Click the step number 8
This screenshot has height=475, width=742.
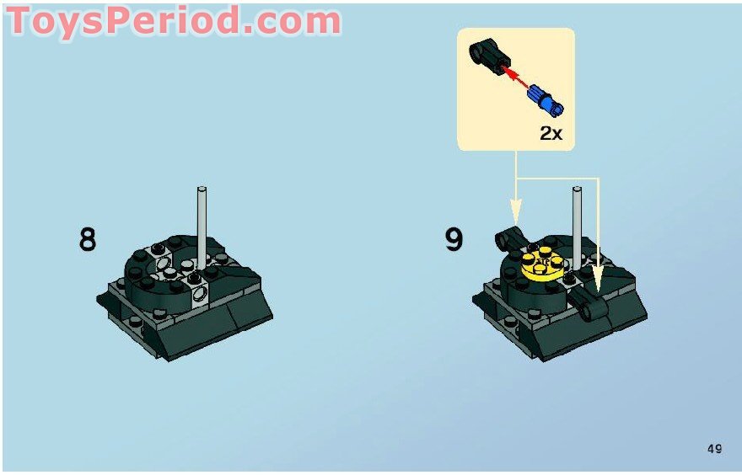pyautogui.click(x=88, y=239)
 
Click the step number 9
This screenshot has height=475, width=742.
pyautogui.click(x=454, y=239)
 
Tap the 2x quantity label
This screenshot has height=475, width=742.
pyautogui.click(x=551, y=133)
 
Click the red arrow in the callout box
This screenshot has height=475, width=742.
pyautogui.click(x=518, y=80)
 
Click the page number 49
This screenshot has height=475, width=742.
pyautogui.click(x=714, y=449)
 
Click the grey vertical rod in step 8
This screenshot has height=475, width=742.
pyautogui.click(x=202, y=227)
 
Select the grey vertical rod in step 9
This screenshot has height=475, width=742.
pyautogui.click(x=578, y=227)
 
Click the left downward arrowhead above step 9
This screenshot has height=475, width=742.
pyautogui.click(x=516, y=205)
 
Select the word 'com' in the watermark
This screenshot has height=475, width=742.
pyautogui.click(x=295, y=23)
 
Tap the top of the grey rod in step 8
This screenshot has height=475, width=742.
pyautogui.click(x=202, y=189)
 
